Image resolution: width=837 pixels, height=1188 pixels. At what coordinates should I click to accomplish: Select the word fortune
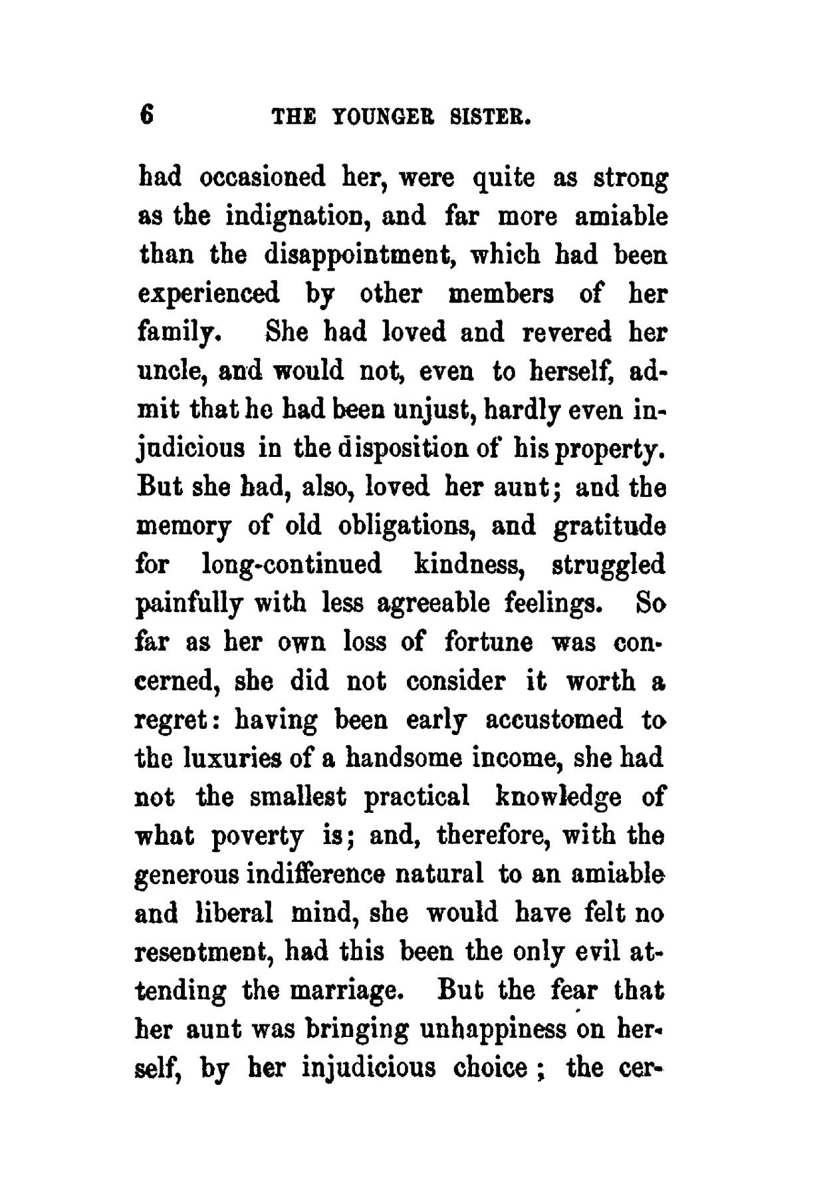click(x=489, y=643)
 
